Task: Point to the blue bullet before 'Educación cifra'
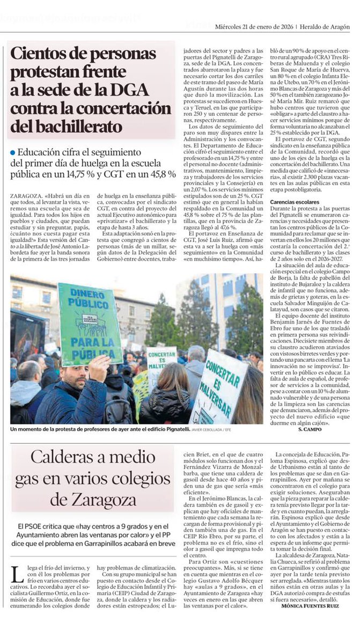tap(12, 153)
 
